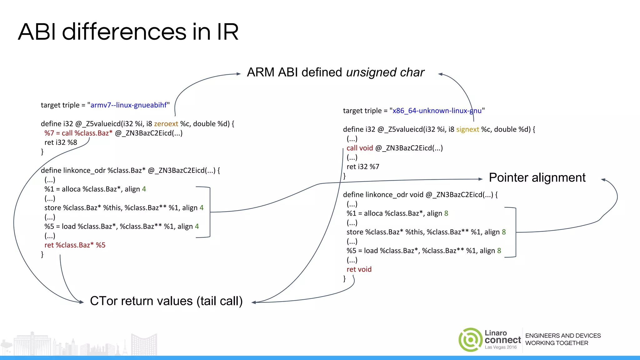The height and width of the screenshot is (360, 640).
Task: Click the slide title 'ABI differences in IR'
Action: (x=128, y=32)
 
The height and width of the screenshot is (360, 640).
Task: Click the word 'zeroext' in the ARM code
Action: (x=166, y=124)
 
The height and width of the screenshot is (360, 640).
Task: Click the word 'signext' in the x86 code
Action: (x=467, y=130)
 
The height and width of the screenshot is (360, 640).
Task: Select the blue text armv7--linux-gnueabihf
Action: (x=128, y=105)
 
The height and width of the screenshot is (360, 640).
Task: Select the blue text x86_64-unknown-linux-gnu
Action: (x=437, y=111)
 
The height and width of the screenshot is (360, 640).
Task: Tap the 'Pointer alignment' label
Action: (x=537, y=178)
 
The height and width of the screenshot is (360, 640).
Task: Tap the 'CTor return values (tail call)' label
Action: (x=166, y=301)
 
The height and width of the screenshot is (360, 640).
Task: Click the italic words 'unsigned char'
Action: (x=385, y=72)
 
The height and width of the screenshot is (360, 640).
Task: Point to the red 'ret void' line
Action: (x=359, y=269)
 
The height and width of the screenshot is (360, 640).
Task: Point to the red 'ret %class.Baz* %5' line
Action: (x=75, y=245)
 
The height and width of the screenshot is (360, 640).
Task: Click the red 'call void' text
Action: (x=360, y=148)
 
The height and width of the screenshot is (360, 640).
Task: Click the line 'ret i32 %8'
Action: (x=61, y=142)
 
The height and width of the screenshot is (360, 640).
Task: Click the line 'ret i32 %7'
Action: (x=363, y=167)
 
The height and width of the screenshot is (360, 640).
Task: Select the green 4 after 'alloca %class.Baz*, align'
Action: (x=144, y=189)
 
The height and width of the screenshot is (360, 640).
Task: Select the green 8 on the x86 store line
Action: (x=504, y=232)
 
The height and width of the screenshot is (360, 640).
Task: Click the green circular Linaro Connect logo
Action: (x=470, y=340)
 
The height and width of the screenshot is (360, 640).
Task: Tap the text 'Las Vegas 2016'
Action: (x=501, y=347)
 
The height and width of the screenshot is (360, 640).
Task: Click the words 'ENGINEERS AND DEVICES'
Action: (x=563, y=336)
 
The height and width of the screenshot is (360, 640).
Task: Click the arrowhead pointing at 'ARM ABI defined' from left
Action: (x=239, y=74)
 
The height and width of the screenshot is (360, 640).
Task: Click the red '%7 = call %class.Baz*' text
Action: (x=78, y=133)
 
